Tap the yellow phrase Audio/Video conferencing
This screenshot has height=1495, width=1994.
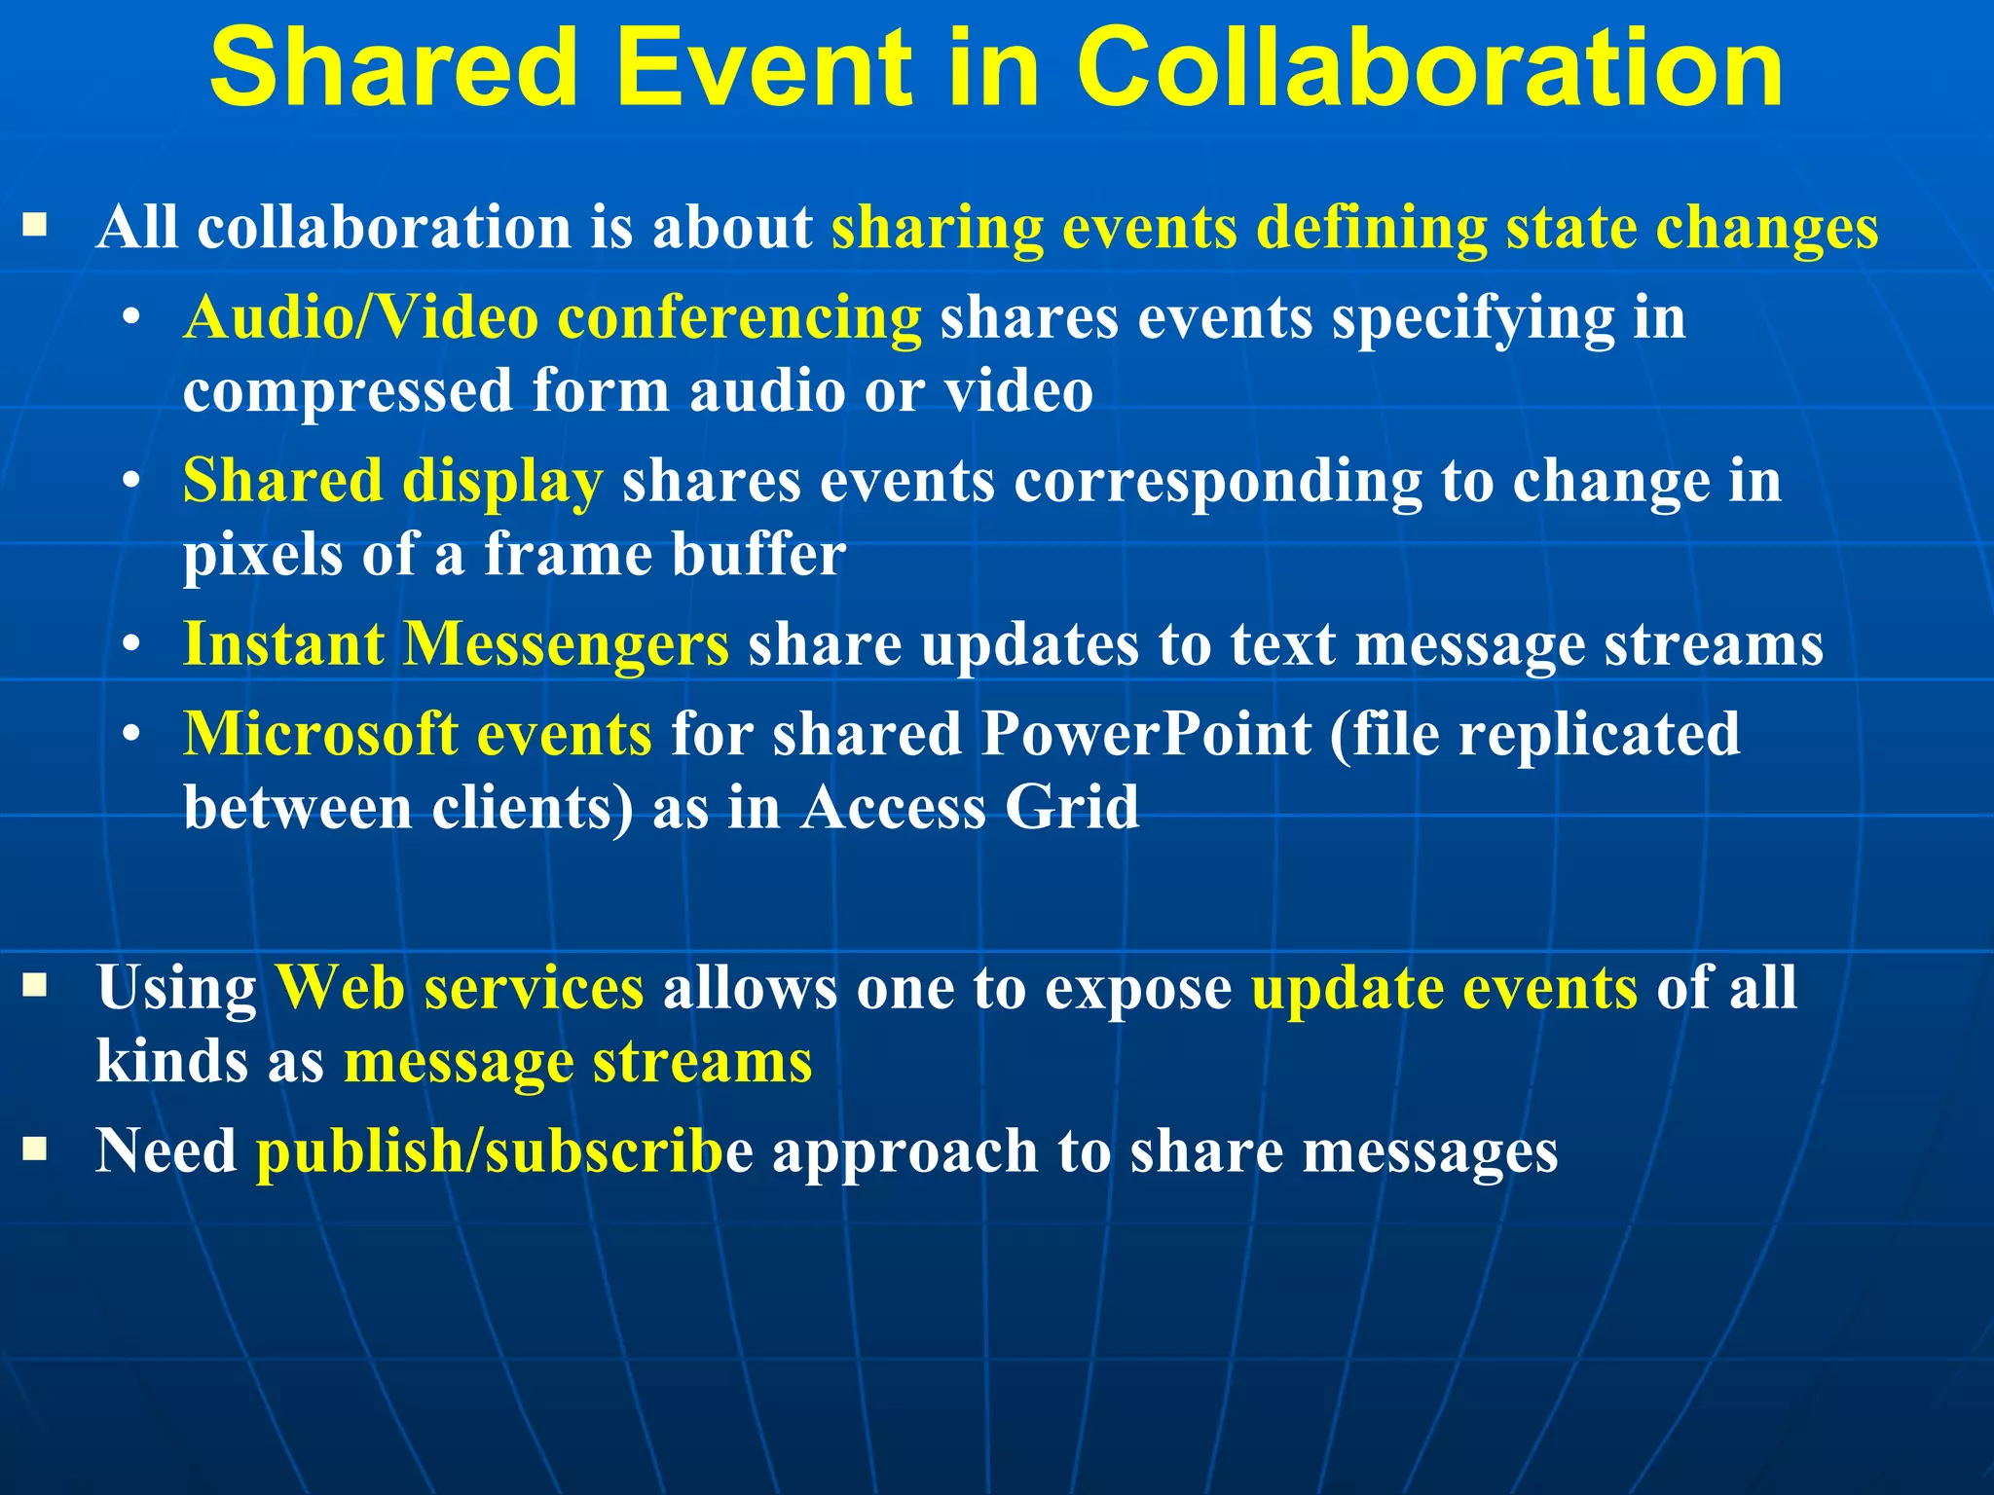(552, 318)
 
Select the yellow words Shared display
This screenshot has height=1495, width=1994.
(392, 482)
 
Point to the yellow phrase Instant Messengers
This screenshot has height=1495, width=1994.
(456, 644)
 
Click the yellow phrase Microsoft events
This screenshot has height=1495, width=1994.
(418, 734)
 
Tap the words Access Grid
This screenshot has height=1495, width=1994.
(969, 808)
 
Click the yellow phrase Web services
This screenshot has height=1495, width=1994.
(460, 988)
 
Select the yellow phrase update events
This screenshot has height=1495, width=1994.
(1444, 988)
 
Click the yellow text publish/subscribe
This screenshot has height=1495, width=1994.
(503, 1151)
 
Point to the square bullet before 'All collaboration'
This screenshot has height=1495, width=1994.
(35, 228)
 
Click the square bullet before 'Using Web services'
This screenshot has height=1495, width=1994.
(35, 987)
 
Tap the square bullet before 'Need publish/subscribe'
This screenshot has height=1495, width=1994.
(35, 1150)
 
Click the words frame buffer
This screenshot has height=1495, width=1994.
(665, 556)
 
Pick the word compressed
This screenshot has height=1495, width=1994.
(348, 392)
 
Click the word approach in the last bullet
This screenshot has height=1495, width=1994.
(905, 1151)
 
